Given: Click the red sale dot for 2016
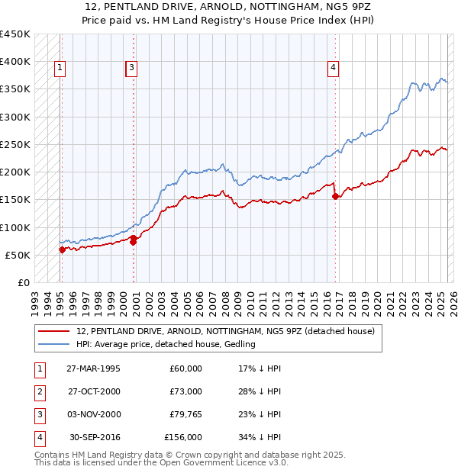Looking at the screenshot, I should click(336, 196).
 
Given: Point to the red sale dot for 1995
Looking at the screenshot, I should click(62, 249).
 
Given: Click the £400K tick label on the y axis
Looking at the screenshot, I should click(15, 62).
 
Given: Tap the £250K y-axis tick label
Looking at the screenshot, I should click(15, 144).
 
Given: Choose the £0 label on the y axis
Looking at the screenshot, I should click(22, 282).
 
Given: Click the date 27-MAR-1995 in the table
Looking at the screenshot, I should click(93, 368).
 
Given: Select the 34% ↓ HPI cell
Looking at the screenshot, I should click(260, 437).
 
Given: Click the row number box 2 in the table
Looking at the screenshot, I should click(38, 391).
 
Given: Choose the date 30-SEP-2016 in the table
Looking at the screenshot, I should click(95, 437).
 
